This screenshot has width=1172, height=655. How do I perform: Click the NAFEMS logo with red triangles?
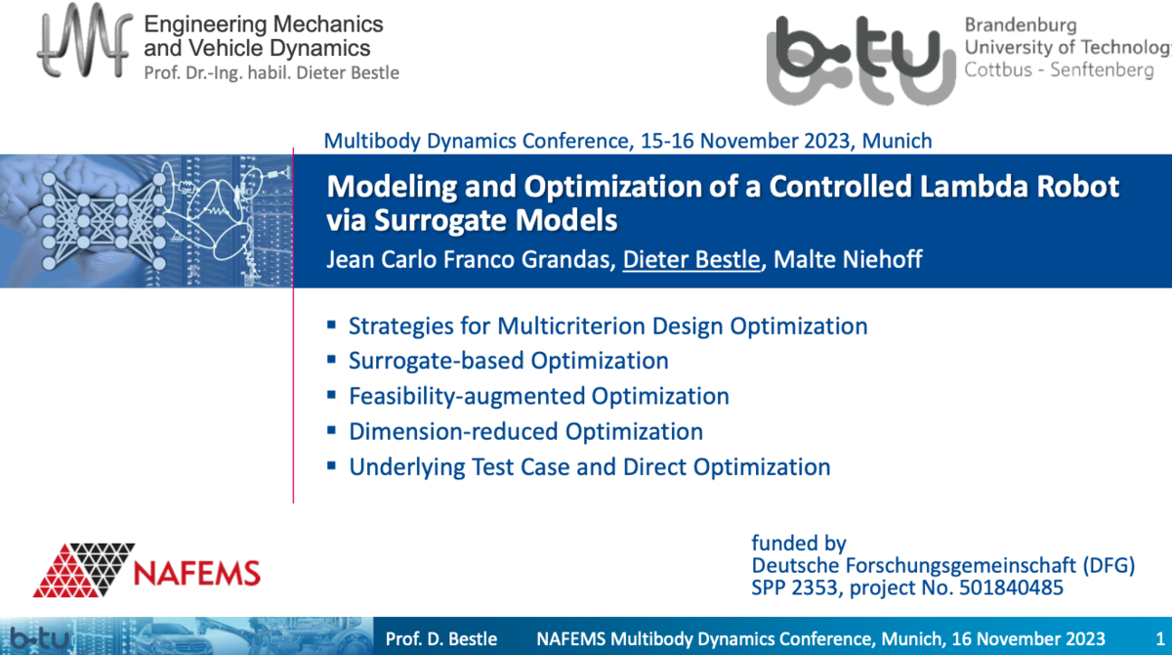(x=146, y=569)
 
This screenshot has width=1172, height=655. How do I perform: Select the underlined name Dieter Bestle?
(x=691, y=261)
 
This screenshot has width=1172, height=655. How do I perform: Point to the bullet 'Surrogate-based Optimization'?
(x=508, y=361)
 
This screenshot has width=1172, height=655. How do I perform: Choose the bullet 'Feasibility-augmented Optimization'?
(x=538, y=396)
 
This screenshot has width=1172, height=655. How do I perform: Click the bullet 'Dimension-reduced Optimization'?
(x=525, y=431)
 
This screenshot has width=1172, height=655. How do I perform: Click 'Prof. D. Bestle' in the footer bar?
(x=441, y=639)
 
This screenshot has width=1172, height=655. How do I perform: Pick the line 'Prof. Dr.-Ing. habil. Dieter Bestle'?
(x=272, y=72)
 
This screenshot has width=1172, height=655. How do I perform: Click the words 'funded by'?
(x=798, y=544)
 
